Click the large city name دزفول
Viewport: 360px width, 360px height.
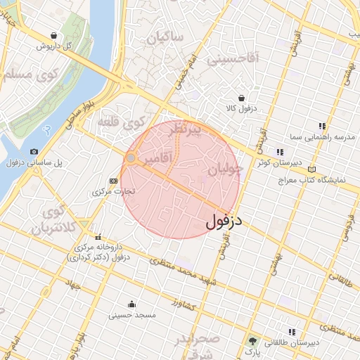(x=224, y=221)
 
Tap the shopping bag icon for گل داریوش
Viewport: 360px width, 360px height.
(x=55, y=34)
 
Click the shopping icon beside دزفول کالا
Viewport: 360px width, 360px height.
(x=242, y=98)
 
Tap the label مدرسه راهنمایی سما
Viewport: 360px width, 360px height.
(x=323, y=136)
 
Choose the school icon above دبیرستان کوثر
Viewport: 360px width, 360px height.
(x=280, y=152)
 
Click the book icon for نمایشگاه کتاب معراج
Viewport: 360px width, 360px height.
(x=312, y=169)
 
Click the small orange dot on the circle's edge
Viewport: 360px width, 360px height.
(x=131, y=158)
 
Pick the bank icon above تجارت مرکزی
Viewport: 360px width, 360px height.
(x=114, y=181)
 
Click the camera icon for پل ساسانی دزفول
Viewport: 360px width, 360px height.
(x=34, y=152)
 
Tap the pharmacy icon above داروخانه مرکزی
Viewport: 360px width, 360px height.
(x=98, y=237)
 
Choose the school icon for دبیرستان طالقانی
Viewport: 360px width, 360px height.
(x=291, y=332)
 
